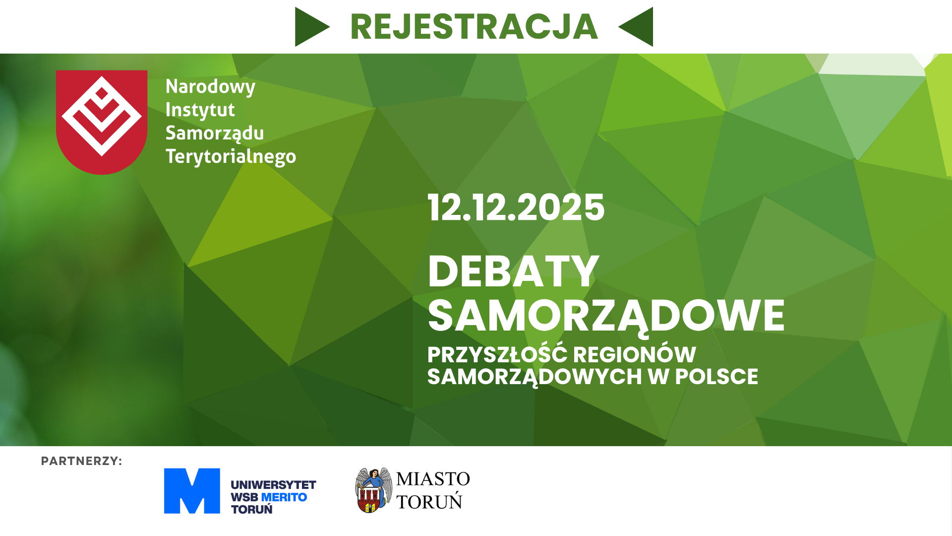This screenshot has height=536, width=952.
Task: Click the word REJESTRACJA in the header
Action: (474, 27)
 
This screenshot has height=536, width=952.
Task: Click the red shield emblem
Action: (102, 122)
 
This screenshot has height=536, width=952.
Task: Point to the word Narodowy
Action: (210, 87)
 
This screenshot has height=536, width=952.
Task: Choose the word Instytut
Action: (200, 110)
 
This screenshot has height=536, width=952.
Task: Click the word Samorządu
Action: (215, 134)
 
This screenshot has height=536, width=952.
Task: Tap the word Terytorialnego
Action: (231, 157)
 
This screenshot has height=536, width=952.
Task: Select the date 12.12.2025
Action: (516, 207)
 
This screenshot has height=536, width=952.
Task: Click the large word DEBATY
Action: (514, 271)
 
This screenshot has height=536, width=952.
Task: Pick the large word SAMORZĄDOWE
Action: (606, 317)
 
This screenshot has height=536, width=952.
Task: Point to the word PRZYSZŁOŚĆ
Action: (497, 354)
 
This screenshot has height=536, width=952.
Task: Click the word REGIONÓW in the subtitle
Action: (635, 354)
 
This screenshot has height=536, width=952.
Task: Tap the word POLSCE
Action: (716, 377)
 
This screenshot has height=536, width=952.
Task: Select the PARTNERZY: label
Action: (81, 461)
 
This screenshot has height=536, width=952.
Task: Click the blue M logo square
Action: (192, 491)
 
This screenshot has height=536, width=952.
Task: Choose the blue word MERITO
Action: (284, 497)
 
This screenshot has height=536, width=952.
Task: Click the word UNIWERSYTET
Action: (273, 485)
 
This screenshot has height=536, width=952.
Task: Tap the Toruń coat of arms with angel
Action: (373, 490)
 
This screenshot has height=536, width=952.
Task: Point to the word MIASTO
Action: (433, 479)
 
